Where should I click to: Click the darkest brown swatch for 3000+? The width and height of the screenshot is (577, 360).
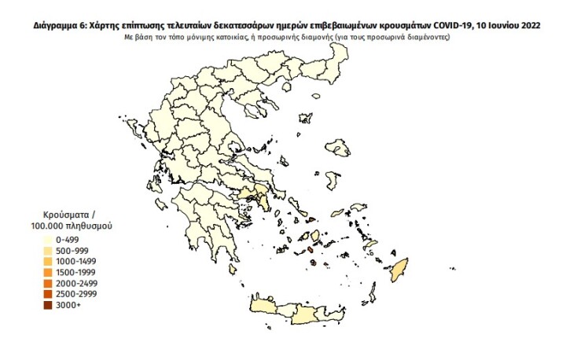(48, 305)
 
